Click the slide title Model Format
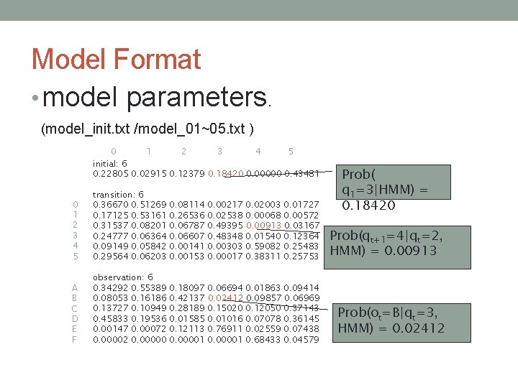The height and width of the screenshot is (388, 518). [x=116, y=59]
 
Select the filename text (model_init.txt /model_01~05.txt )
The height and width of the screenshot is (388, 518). [x=147, y=129]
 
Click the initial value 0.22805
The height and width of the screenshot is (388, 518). [x=110, y=174]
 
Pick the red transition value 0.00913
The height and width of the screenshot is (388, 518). [x=263, y=226]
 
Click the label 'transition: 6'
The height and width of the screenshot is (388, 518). [x=119, y=195]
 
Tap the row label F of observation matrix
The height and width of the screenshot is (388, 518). [x=75, y=339]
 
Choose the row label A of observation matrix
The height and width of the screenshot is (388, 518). [x=75, y=287]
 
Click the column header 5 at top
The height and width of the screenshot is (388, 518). [x=291, y=152]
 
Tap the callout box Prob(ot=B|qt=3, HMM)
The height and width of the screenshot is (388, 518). [x=391, y=320]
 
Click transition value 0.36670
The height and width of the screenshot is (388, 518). [x=110, y=205]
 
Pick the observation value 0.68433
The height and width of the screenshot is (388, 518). [x=263, y=339]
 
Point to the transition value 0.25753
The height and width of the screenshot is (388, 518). [x=302, y=257]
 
